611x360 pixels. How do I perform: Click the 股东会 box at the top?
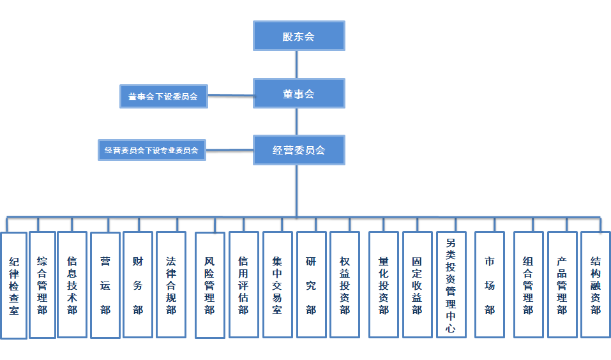[299, 36]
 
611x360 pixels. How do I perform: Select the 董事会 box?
[299, 93]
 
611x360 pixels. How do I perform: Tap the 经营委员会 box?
[299, 150]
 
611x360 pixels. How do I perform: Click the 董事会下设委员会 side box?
[163, 96]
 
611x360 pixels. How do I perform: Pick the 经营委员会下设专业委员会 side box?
[151, 151]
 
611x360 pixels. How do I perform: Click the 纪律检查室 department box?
[14, 285]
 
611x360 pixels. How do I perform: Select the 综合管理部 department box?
[43, 285]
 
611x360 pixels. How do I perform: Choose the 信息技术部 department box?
[72, 285]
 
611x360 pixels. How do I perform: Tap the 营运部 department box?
[105, 285]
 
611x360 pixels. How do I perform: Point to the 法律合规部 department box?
[171, 285]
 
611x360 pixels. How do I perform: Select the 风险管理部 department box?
[209, 285]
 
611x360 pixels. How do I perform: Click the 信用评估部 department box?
[243, 285]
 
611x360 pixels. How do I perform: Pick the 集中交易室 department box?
[277, 285]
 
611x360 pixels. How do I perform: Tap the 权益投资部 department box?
[345, 285]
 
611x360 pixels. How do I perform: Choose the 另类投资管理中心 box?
[451, 285]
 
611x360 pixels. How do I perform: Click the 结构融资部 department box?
[595, 285]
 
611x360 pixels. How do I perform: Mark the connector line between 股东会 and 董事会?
[297, 64]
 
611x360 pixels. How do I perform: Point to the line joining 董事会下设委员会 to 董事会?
[230, 96]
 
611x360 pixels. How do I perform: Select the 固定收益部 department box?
[417, 285]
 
